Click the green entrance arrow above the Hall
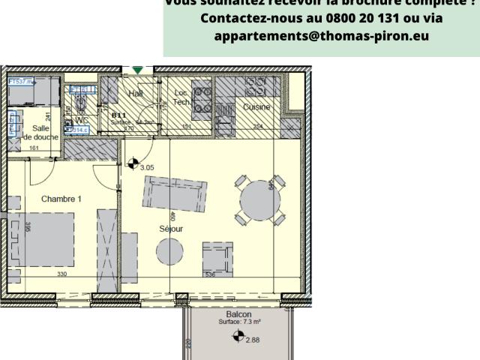(x=137, y=70)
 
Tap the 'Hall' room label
(x=136, y=94)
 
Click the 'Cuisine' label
(x=256, y=107)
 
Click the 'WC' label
(x=82, y=120)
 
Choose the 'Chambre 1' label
(x=61, y=199)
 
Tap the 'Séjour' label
(x=171, y=228)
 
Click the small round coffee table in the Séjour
(x=169, y=251)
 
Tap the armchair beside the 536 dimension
(x=217, y=259)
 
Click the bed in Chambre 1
(x=43, y=238)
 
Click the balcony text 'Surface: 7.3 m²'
(x=238, y=322)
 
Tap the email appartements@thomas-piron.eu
(x=321, y=36)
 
